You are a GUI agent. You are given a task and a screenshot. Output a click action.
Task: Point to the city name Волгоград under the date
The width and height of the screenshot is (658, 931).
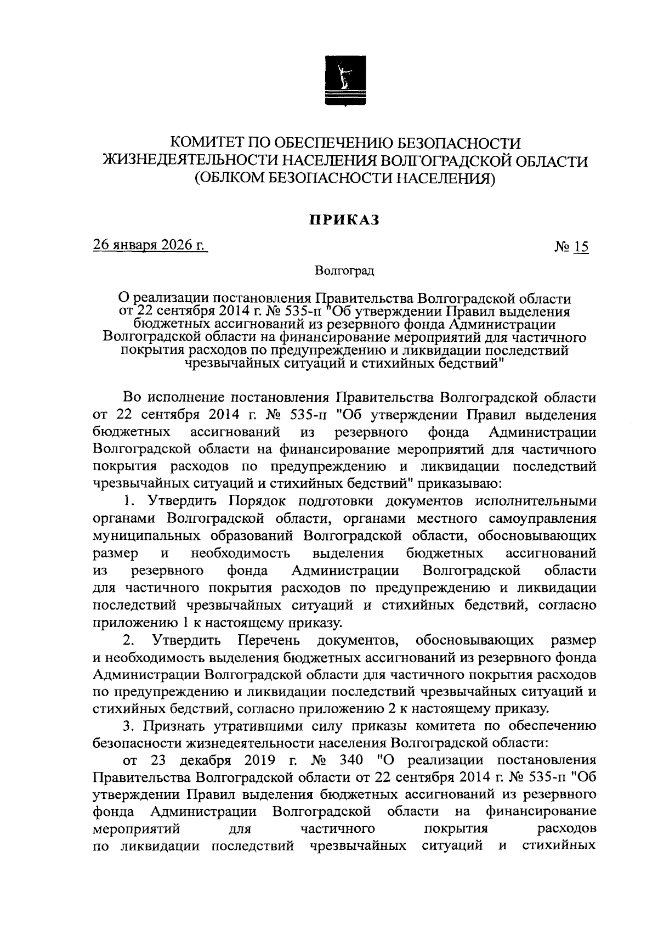click(344, 270)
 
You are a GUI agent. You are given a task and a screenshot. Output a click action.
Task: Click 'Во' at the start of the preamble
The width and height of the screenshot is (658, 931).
click(132, 397)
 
